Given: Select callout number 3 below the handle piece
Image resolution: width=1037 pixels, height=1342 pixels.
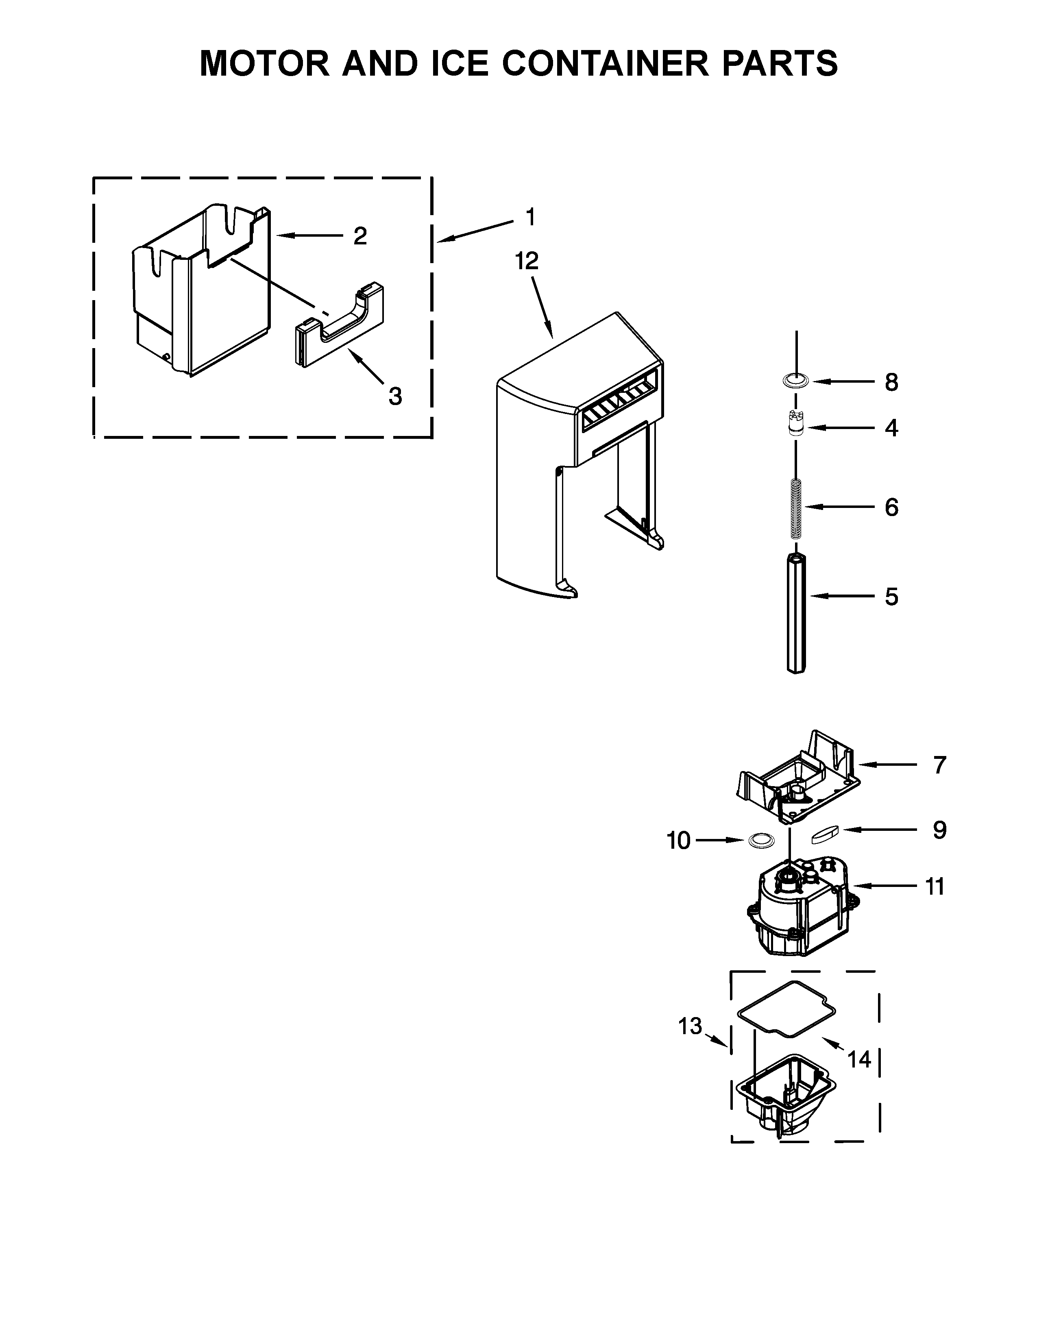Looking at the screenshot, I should coord(395,396).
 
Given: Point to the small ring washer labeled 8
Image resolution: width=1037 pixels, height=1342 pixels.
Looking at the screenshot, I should coord(797,381).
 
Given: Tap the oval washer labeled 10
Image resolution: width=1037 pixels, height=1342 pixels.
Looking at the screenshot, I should coord(761,840).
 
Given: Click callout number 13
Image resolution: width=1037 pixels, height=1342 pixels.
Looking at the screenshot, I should coord(689,1026).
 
